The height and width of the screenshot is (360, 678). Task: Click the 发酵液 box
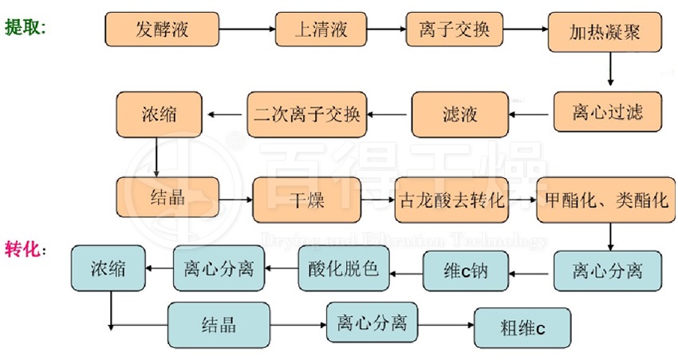click(x=162, y=30)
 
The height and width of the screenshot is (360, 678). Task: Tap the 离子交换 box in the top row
click(x=454, y=30)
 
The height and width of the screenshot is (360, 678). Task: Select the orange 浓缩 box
click(x=157, y=114)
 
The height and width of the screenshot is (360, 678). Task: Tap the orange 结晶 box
click(x=168, y=197)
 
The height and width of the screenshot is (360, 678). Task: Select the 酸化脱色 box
click(x=343, y=269)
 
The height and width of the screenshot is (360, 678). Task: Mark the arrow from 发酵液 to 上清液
click(x=246, y=30)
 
